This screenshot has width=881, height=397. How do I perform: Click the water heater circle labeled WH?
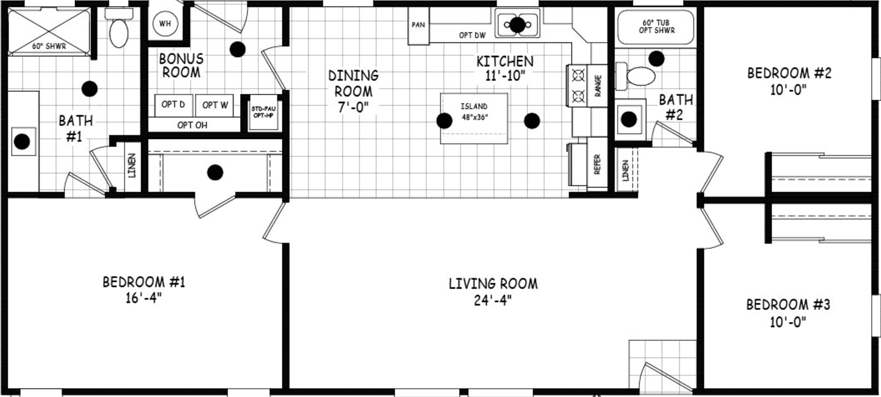[165, 24]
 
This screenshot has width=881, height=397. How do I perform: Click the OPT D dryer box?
[173, 105]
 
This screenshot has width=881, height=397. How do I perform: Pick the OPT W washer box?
[215, 105]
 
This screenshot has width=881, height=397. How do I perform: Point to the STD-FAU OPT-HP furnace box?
[263, 112]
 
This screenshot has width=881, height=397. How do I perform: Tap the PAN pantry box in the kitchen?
[418, 25]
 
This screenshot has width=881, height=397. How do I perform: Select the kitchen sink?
[517, 24]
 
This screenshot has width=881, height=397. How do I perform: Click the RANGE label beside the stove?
[598, 86]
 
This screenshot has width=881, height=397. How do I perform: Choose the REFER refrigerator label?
[597, 164]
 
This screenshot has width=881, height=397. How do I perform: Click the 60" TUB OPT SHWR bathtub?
[656, 27]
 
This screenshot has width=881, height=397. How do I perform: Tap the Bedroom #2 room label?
[789, 74]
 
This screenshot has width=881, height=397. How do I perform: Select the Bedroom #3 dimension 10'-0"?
[788, 321]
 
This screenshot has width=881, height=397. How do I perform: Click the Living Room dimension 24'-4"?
[493, 300]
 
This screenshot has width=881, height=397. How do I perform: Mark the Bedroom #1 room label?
[144, 282]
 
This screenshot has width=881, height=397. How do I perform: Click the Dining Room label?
[353, 84]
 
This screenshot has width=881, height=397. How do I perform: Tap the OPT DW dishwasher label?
[472, 35]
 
